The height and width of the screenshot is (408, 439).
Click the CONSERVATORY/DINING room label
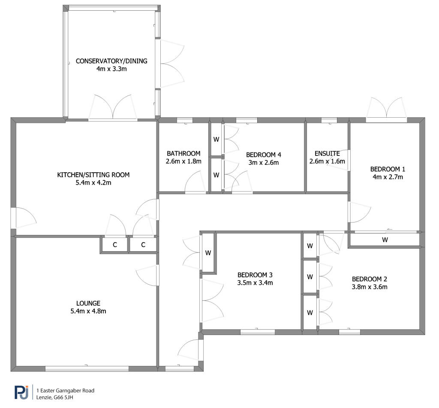click(111, 61)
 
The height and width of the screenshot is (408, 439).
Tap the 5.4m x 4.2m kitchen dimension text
click(93, 183)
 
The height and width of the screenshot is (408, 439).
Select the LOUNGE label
click(88, 303)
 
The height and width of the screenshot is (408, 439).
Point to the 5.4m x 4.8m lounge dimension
click(88, 311)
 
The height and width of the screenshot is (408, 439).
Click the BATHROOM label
click(183, 153)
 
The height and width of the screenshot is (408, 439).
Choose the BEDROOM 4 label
click(264, 155)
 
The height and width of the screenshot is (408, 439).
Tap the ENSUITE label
click(327, 153)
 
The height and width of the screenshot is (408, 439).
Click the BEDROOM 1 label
click(388, 169)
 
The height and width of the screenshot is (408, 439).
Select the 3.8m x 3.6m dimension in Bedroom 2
click(370, 287)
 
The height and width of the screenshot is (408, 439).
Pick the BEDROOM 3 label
click(255, 275)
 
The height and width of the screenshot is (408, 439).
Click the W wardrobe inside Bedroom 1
click(385, 240)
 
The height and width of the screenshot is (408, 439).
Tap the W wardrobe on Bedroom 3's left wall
click(208, 253)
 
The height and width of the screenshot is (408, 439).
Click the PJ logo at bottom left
click(21, 392)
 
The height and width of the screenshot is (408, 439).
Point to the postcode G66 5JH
click(63, 397)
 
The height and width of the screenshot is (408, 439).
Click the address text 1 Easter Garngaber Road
click(65, 391)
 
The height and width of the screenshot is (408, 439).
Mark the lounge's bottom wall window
click(87, 368)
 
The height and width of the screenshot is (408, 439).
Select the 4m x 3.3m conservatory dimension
click(111, 69)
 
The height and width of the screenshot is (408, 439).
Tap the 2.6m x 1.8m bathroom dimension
click(183, 161)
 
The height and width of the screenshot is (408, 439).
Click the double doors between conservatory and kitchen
click(113, 108)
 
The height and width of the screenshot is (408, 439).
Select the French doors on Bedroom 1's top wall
click(386, 110)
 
